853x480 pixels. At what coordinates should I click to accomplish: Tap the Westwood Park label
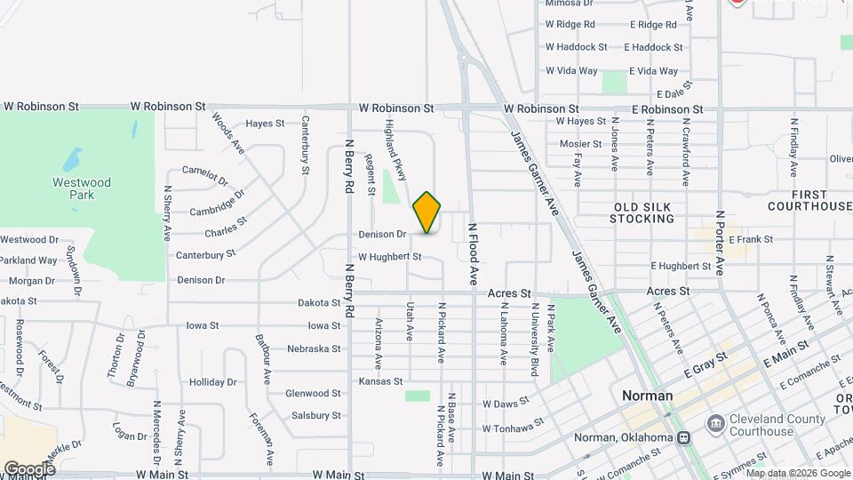81,188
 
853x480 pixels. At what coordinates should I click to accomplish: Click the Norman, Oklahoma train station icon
683,437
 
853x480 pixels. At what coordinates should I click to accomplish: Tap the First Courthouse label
809,200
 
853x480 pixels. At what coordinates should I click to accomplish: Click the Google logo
29,468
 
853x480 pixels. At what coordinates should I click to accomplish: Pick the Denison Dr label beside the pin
383,235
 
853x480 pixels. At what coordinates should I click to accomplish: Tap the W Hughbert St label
389,257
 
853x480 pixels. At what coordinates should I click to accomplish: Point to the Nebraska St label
314,348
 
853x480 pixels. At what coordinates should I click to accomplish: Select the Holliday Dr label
213,382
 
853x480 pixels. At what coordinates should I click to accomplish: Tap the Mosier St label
581,144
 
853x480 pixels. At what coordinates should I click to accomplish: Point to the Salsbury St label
316,415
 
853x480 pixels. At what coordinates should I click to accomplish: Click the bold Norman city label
648,396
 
